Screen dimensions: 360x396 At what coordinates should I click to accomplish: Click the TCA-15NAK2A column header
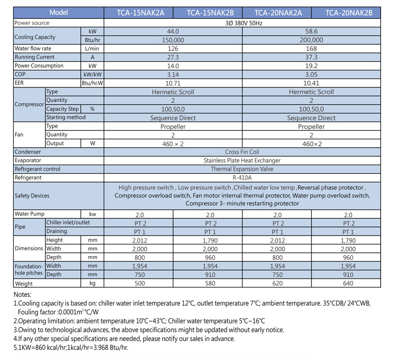click(x=138, y=13)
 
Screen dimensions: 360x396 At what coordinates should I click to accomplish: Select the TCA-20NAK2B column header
click(x=346, y=13)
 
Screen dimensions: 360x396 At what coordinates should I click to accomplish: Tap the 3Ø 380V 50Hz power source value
click(x=242, y=22)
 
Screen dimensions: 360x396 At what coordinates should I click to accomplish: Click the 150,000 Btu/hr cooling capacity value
click(x=173, y=40)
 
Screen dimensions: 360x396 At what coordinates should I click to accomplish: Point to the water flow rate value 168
click(x=311, y=49)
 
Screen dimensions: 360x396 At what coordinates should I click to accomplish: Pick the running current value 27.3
click(x=173, y=57)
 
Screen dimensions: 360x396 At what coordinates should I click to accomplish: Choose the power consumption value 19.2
click(x=311, y=66)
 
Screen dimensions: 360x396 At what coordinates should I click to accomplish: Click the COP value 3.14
click(x=173, y=74)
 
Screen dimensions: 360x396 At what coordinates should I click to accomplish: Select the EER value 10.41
click(x=311, y=83)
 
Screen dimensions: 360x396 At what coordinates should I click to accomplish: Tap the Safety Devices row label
click(x=32, y=196)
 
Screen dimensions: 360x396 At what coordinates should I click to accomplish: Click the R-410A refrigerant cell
click(x=242, y=178)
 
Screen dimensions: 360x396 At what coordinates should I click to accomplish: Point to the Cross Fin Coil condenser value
click(x=242, y=152)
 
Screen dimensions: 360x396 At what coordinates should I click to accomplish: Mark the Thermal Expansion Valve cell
click(x=242, y=169)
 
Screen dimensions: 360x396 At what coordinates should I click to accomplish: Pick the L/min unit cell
click(x=92, y=49)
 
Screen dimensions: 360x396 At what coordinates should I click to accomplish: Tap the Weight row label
click(x=24, y=284)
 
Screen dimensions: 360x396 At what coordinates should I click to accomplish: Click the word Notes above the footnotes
click(x=22, y=295)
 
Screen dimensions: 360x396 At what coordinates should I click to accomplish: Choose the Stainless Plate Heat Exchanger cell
click(x=242, y=160)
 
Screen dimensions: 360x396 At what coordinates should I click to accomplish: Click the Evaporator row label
click(x=28, y=160)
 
